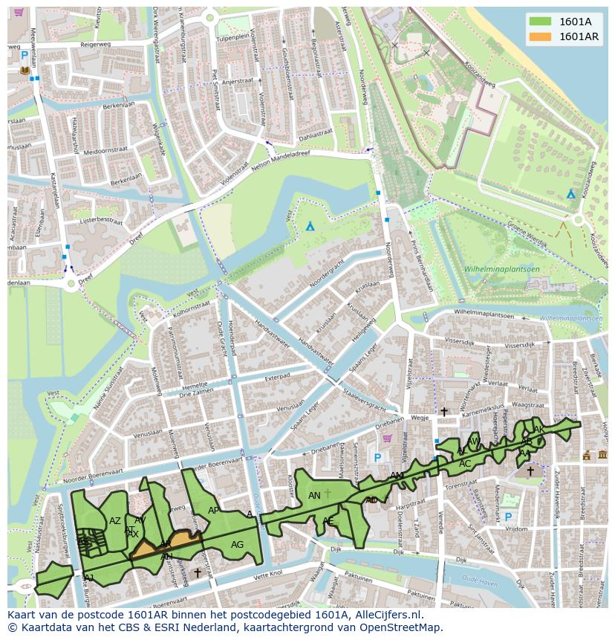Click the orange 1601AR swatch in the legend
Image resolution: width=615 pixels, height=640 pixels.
[539, 36]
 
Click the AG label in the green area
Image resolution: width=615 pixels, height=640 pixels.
[237, 545]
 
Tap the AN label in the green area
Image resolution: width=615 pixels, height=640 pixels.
[314, 496]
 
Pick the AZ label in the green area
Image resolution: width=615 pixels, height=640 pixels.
[114, 521]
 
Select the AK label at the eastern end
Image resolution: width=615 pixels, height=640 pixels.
[539, 430]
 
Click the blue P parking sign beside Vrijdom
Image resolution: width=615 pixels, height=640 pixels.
[508, 517]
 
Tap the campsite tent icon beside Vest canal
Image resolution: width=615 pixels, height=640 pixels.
[310, 226]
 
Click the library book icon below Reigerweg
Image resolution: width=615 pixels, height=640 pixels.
[25, 71]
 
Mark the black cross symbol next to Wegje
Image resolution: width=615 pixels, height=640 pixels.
[444, 412]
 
